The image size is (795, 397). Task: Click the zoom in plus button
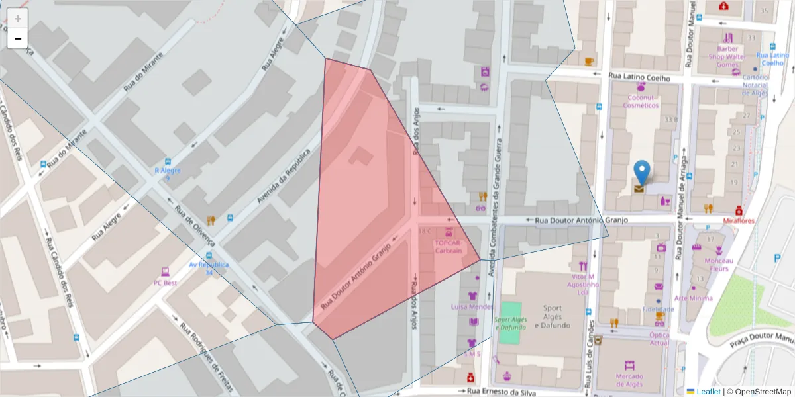(x=18, y=19)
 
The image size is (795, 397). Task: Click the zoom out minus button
(x=18, y=38)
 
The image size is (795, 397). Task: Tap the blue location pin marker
(x=641, y=171)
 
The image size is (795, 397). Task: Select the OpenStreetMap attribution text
(x=759, y=391)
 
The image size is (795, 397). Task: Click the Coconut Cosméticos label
(x=641, y=101)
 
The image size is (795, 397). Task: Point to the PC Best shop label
(x=165, y=283)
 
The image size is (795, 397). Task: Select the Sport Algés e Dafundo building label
(x=552, y=316)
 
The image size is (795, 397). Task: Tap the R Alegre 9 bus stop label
(x=167, y=174)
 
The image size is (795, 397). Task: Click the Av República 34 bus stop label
(x=209, y=268)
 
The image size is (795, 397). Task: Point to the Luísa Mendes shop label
(x=472, y=307)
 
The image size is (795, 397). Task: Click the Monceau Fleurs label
(x=718, y=265)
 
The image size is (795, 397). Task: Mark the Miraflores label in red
(x=739, y=220)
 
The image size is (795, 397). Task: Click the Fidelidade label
(x=658, y=309)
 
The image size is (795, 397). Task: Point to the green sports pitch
(x=511, y=322)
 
